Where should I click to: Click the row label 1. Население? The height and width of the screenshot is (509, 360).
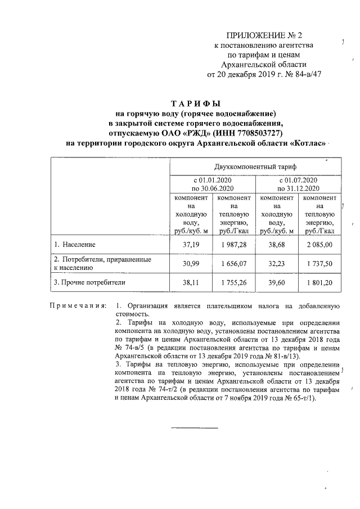pyautogui.click(x=75, y=245)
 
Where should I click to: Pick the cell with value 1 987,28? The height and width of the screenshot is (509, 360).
pyautogui.click(x=235, y=245)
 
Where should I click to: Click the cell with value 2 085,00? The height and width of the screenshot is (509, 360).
pyautogui.click(x=319, y=245)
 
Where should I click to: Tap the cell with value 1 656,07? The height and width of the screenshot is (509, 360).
pyautogui.click(x=235, y=263)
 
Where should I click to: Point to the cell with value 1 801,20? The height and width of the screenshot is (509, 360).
pyautogui.click(x=319, y=282)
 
